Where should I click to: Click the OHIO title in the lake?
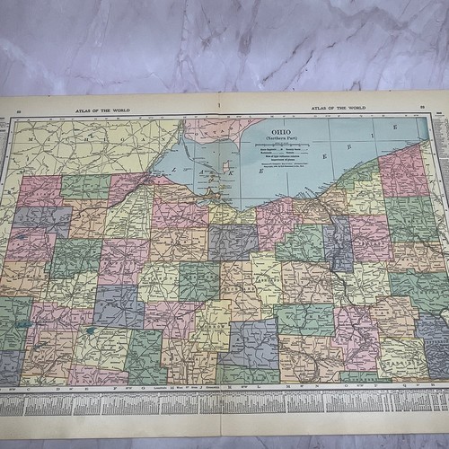(280, 131)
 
